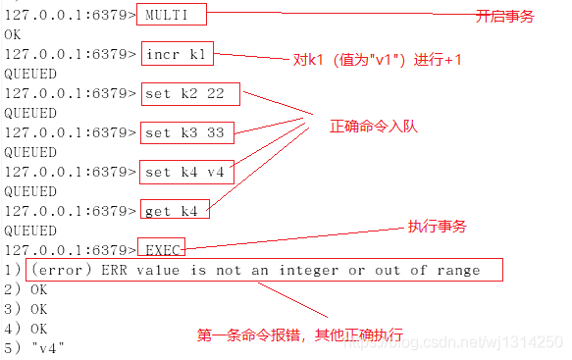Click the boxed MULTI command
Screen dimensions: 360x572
[174, 16]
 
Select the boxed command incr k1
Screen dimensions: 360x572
[178, 54]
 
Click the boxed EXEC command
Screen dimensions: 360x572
[161, 249]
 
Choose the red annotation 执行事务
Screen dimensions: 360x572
[437, 227]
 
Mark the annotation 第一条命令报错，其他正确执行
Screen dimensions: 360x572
[300, 334]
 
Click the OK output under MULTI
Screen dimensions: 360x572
[13, 34]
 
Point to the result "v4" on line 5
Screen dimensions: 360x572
[47, 347]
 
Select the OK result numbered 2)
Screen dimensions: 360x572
[38, 289]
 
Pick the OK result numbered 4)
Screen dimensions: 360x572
[38, 329]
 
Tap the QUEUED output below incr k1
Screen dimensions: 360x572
[29, 74]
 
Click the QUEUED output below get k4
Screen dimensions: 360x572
[29, 231]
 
